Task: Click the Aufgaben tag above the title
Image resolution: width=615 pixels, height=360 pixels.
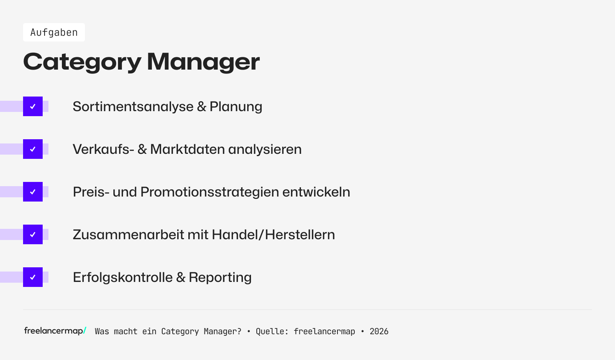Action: click(x=54, y=32)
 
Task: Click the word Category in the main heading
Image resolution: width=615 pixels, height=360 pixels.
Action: click(x=82, y=62)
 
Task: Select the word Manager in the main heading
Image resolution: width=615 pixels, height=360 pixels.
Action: click(x=203, y=62)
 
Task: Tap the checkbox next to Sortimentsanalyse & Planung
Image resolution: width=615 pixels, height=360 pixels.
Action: click(x=33, y=107)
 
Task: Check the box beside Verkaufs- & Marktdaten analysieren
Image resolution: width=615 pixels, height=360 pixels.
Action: click(x=33, y=149)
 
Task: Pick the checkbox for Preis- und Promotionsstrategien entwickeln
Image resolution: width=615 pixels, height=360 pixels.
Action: click(x=33, y=192)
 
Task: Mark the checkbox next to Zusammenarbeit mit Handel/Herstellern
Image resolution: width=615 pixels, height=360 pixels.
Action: click(x=33, y=235)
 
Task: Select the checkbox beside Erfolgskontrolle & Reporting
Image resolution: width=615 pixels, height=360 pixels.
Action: click(x=33, y=277)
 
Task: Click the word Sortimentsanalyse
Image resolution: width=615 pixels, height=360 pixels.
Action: click(x=133, y=107)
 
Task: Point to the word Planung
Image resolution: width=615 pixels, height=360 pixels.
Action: click(x=236, y=107)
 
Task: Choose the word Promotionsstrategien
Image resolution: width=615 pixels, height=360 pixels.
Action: click(x=209, y=192)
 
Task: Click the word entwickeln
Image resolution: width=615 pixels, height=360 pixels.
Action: click(x=316, y=192)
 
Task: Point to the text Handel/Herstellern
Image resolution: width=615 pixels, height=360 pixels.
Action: click(x=273, y=235)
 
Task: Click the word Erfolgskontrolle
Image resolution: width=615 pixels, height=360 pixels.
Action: click(x=123, y=277)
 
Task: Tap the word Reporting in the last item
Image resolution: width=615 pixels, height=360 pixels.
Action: click(x=220, y=277)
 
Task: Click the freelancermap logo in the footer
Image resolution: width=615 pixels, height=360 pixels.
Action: click(x=55, y=331)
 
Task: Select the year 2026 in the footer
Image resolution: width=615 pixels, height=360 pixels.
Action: click(x=379, y=332)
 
